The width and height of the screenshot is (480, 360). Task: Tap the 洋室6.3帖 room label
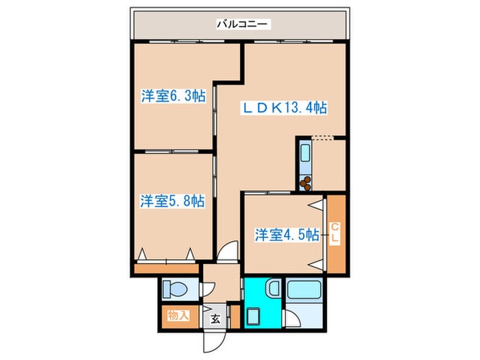click(173, 96)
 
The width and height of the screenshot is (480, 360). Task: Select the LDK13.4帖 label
click(283, 108)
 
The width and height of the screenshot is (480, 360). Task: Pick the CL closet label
click(336, 234)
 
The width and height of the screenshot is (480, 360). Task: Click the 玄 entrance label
click(215, 318)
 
